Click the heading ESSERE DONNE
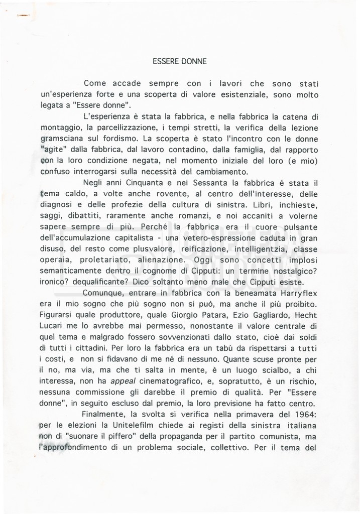coord(180,62)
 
